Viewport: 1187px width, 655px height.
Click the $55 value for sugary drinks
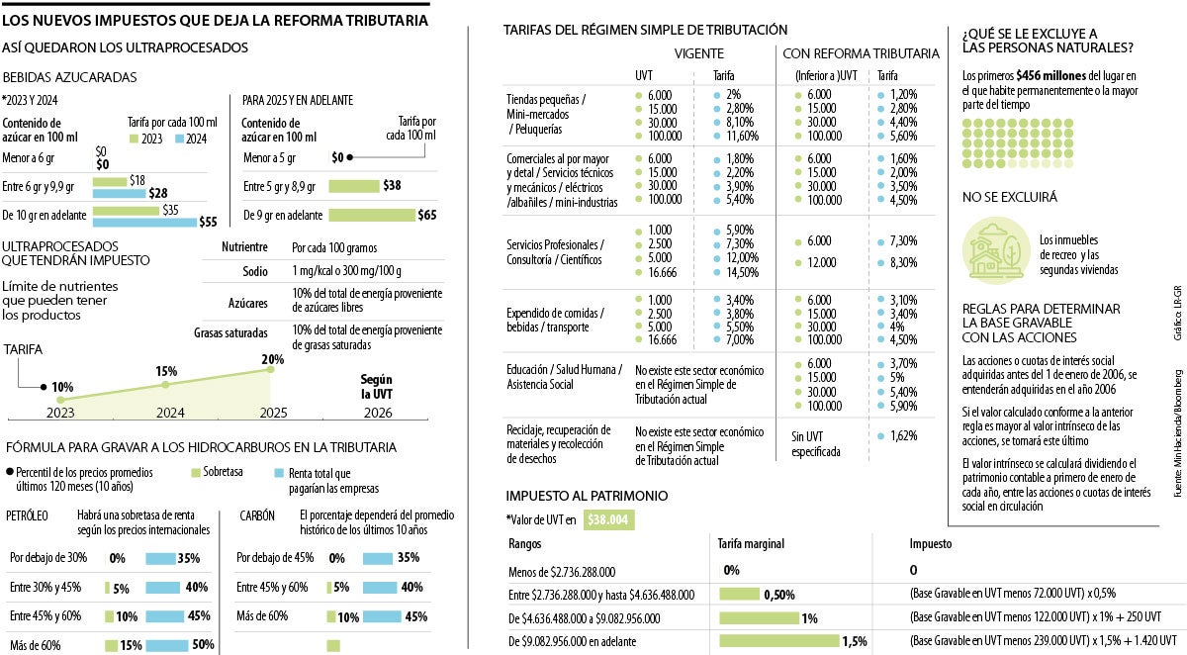208,223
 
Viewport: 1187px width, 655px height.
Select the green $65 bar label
426,215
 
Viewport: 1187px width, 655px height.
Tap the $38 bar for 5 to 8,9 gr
353,185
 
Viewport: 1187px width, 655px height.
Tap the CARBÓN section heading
258,516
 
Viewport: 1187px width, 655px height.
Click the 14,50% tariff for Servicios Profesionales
743,272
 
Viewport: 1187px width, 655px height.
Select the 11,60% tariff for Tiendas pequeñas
741,135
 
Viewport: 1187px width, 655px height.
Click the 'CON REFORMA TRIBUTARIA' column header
861,53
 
